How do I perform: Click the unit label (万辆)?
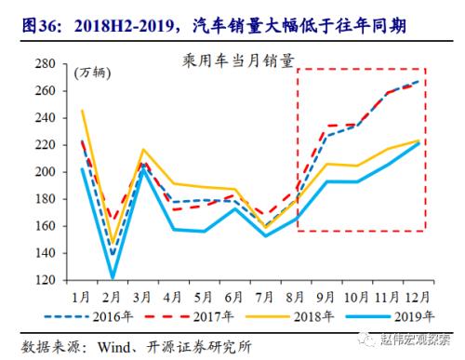(x=90, y=73)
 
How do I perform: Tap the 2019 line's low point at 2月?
(x=113, y=277)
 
